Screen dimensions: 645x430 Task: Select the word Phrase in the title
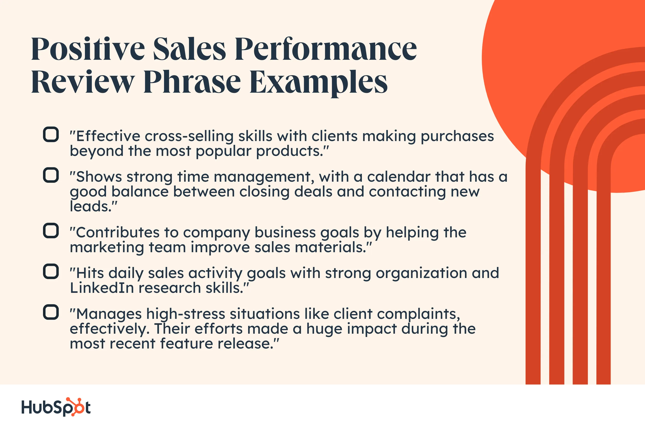click(192, 82)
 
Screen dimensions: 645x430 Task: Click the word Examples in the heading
click(318, 82)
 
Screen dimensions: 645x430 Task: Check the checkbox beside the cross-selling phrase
click(51, 134)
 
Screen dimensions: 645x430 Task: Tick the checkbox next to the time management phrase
click(51, 175)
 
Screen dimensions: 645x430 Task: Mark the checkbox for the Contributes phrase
click(51, 231)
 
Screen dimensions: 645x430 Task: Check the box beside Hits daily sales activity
click(51, 271)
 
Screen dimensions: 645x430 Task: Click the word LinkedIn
click(102, 288)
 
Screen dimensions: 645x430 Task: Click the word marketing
click(107, 248)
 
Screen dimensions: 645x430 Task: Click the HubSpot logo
click(56, 407)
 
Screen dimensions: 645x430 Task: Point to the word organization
click(421, 273)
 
